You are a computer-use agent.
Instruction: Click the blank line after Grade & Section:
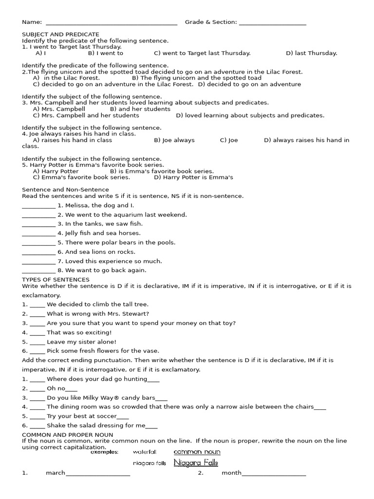[x=273, y=23]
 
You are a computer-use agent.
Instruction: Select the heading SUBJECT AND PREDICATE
[x=60, y=35]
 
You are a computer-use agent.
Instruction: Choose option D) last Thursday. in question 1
[x=311, y=54]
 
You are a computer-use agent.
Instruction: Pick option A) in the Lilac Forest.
[x=66, y=78]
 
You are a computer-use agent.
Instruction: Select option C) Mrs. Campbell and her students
[x=86, y=115]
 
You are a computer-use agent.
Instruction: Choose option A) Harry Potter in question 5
[x=56, y=172]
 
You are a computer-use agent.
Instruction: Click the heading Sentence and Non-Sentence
[x=65, y=190]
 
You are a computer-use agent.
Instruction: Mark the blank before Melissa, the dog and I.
[x=38, y=206]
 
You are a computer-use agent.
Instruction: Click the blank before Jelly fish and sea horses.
[x=38, y=234]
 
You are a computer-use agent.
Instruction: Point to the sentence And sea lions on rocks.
[x=100, y=252]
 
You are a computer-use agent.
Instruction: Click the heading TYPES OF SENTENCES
[x=56, y=280]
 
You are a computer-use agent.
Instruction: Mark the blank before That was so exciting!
[x=37, y=333]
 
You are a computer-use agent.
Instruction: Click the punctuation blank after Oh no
[x=71, y=389]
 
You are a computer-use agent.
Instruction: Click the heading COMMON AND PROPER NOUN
[x=67, y=435]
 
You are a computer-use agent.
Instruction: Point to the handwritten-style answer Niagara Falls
[x=196, y=463]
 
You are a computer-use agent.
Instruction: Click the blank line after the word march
[x=98, y=474]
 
